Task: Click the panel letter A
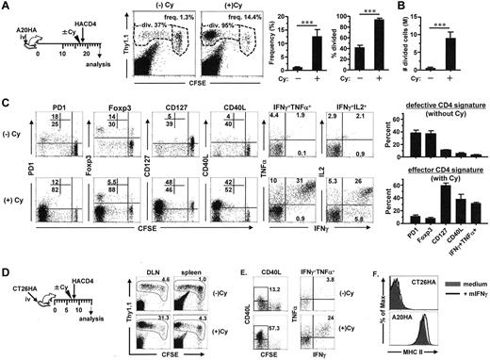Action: pyautogui.click(x=7, y=7)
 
